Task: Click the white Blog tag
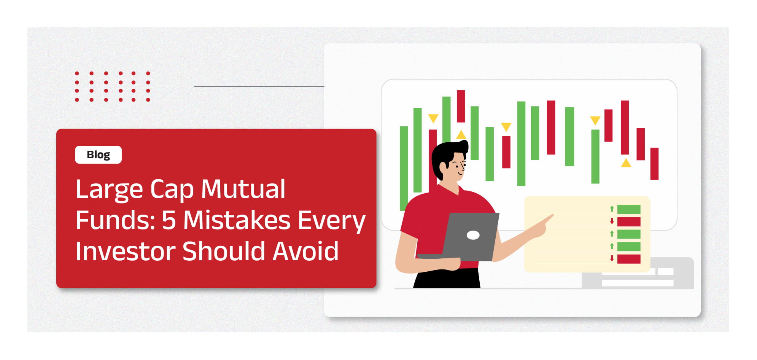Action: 98,155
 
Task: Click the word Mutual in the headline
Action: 243,189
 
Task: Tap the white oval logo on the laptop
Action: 473,235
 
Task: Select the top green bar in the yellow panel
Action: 629,209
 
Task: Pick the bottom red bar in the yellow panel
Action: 629,259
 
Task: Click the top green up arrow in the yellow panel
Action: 612,209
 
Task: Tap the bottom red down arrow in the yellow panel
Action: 612,258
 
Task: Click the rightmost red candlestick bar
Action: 654,164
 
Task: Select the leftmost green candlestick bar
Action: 404,168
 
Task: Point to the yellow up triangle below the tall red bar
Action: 626,163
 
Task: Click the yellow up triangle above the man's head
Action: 461,135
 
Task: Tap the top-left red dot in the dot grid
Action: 77,73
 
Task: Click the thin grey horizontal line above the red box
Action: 259,86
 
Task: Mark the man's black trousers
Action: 447,278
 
